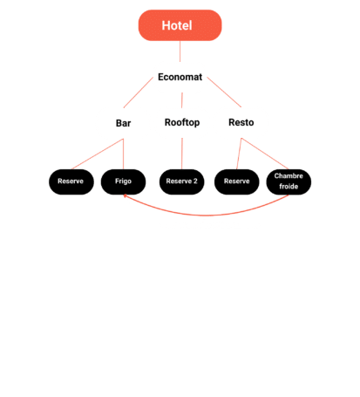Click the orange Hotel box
(180, 25)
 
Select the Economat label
(180, 77)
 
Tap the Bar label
(123, 123)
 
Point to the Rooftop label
(182, 122)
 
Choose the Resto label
(241, 122)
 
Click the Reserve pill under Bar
(71, 181)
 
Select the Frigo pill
(123, 181)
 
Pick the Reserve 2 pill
(181, 181)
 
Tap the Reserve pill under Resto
(236, 181)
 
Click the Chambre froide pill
(289, 181)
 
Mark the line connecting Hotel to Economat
(180, 51)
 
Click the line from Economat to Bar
(139, 92)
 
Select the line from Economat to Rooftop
(182, 100)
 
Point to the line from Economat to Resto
(224, 92)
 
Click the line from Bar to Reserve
(98, 154)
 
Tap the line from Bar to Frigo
(123, 154)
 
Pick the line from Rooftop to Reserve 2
(182, 154)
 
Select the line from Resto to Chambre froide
(265, 154)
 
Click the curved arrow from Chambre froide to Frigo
(206, 216)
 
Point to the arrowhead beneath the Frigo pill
(125, 195)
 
